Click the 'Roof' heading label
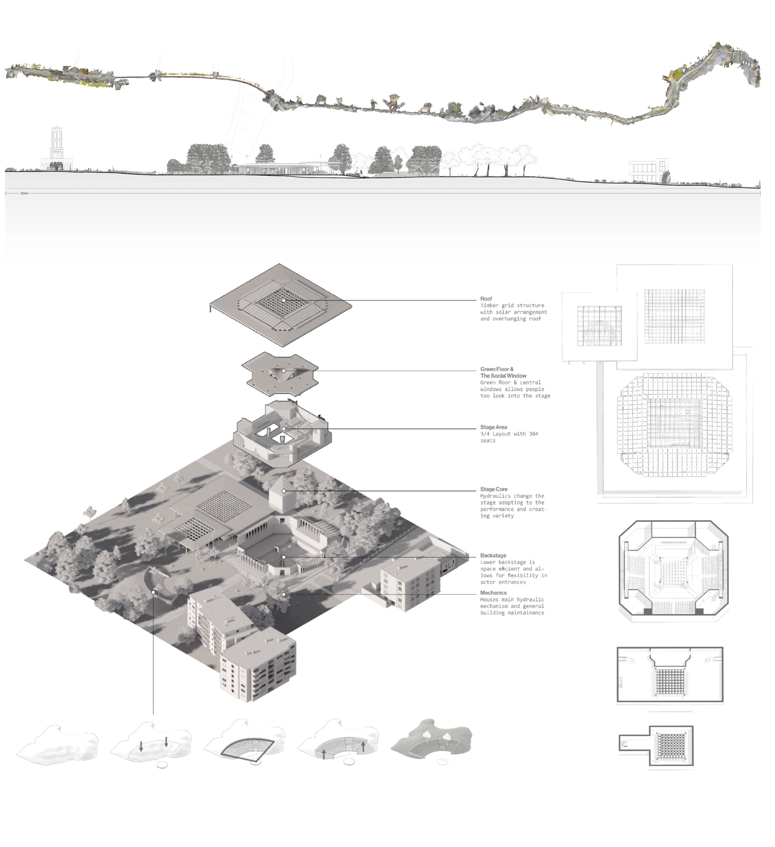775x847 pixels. pyautogui.click(x=486, y=299)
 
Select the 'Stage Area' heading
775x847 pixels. pyautogui.click(x=493, y=427)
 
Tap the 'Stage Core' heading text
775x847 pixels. pyautogui.click(x=494, y=489)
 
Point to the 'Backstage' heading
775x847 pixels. pyautogui.click(x=493, y=555)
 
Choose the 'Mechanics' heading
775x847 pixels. pyautogui.click(x=493, y=593)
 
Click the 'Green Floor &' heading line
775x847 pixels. pyautogui.click(x=497, y=369)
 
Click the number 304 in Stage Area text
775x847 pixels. pyautogui.click(x=533, y=434)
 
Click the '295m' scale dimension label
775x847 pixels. pyautogui.click(x=24, y=194)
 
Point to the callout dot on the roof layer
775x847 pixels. pyautogui.click(x=284, y=300)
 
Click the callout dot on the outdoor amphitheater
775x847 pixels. pyautogui.click(x=153, y=592)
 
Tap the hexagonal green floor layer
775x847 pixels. pyautogui.click(x=280, y=373)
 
